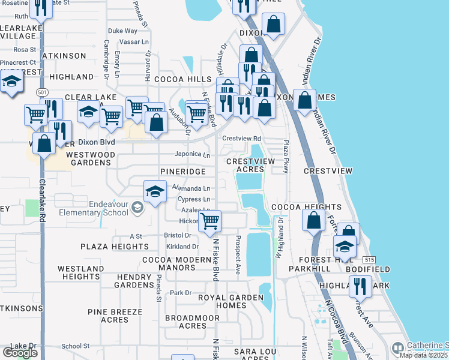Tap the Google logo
(20, 352)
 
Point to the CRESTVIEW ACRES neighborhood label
(245, 166)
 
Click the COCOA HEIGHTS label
(306, 207)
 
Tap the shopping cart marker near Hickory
(209, 221)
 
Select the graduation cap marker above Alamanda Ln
(155, 192)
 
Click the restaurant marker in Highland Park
(360, 286)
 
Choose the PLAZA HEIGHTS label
(114, 247)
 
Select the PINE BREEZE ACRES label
(115, 316)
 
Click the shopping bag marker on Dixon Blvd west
(44, 144)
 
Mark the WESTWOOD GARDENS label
(90, 158)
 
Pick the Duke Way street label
(122, 31)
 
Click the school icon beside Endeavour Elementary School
(137, 208)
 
